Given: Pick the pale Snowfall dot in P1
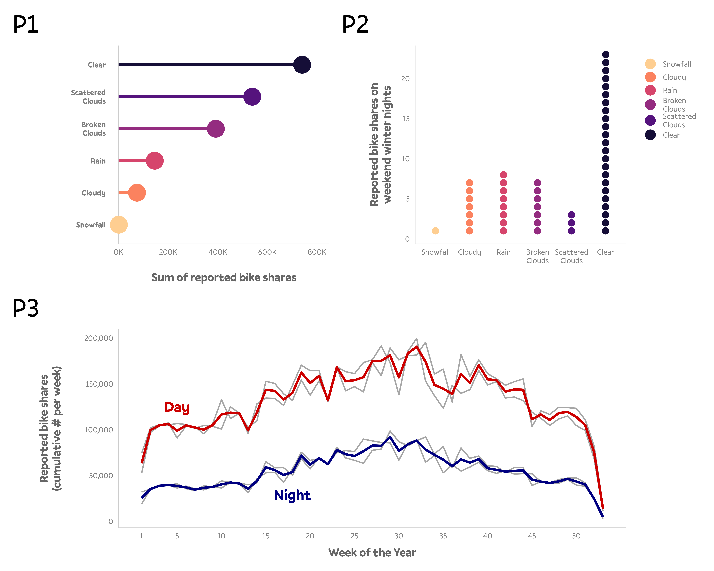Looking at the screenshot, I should point(119,225).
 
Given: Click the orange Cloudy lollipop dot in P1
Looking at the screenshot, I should point(137,193).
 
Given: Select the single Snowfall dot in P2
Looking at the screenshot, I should point(435,231).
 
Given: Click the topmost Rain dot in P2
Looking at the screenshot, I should point(503,175).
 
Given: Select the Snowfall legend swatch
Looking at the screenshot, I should point(650,64).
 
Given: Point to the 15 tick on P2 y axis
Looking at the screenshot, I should point(406,119).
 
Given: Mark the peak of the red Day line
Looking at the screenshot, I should point(417,347).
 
